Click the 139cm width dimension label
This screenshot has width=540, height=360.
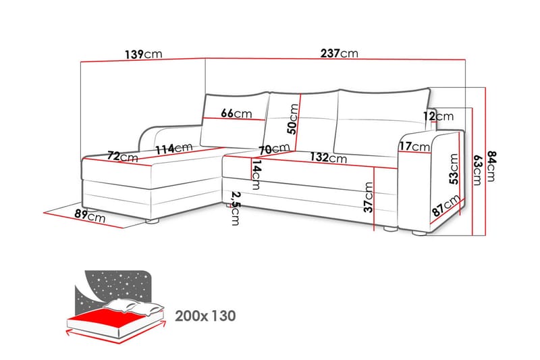(143, 54)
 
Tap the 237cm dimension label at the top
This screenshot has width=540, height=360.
(340, 53)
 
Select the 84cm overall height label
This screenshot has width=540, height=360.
(491, 165)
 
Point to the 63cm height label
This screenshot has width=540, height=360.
(477, 170)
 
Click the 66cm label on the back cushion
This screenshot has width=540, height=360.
(236, 113)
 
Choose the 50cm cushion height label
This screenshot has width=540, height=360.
(293, 119)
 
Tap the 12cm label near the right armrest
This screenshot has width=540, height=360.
(438, 116)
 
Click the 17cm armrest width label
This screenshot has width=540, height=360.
(414, 147)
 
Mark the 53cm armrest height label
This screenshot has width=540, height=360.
(454, 169)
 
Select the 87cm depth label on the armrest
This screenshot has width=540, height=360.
(446, 205)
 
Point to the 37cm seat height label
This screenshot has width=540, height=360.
(368, 197)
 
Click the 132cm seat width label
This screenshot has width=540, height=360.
(328, 157)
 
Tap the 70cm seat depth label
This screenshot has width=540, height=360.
(275, 149)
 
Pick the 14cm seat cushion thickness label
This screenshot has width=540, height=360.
(256, 175)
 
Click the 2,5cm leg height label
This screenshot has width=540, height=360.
(235, 209)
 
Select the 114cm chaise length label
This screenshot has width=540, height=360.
(174, 149)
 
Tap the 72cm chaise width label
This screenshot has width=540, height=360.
(123, 157)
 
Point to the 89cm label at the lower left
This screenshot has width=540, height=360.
(90, 215)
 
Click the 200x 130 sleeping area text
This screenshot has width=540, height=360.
(206, 315)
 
